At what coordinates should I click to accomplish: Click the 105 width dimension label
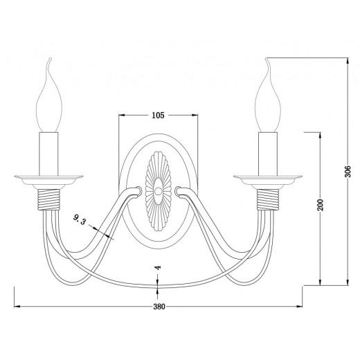(158, 115)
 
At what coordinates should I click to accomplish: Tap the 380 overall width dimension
(159, 307)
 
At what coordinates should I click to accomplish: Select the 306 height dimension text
(348, 171)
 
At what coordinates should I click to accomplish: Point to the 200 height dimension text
(321, 204)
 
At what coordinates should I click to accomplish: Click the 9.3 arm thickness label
(80, 219)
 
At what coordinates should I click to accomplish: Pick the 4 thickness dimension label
(158, 267)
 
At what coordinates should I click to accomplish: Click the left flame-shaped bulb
(49, 97)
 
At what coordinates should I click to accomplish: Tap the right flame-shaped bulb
(268, 97)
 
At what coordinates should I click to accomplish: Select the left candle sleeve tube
(48, 154)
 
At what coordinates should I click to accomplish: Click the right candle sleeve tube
(268, 154)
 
